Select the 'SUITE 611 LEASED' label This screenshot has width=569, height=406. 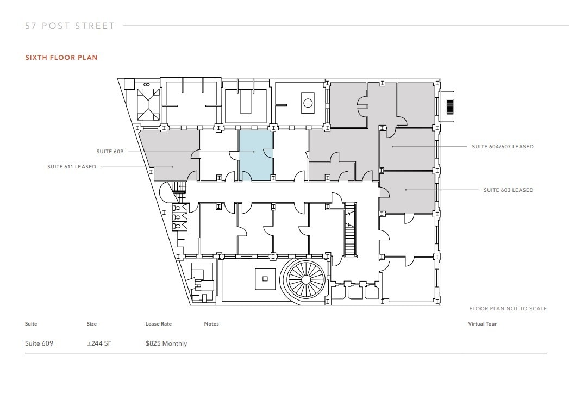(72, 167)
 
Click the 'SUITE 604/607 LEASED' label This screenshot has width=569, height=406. (502, 147)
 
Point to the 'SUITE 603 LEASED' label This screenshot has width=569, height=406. (508, 190)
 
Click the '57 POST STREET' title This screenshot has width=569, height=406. (70, 26)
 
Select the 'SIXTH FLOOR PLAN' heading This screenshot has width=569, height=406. (61, 58)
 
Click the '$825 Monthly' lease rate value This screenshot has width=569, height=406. (166, 343)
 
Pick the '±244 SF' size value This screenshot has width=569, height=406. (99, 343)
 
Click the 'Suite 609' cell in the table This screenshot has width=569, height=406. (39, 343)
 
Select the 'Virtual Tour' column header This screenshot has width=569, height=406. (482, 324)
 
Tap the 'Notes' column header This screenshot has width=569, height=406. (211, 324)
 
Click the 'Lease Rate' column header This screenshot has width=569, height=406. (158, 324)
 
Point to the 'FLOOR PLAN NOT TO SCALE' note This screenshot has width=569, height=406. (508, 309)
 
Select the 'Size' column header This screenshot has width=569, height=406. (91, 324)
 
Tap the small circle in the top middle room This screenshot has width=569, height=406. (308, 103)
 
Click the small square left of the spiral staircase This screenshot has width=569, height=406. (265, 279)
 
